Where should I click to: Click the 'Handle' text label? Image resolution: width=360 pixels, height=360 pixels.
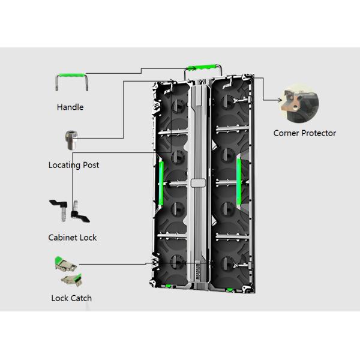pos(70,107)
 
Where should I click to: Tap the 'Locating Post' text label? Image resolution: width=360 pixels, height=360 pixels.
pos(74,165)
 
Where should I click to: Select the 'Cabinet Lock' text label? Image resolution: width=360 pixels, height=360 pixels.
pos(73,238)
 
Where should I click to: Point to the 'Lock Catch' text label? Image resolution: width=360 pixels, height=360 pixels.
pos(71,298)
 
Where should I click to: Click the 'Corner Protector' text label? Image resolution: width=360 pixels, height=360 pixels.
pos(305,133)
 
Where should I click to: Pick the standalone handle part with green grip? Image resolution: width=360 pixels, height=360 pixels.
pos(71,82)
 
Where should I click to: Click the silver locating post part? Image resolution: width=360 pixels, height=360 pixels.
pos(71,140)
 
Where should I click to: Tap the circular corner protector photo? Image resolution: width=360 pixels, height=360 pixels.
pos(299,103)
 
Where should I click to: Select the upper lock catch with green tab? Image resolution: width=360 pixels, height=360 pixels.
pos(65,264)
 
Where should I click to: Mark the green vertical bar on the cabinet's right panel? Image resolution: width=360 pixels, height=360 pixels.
pos(239,181)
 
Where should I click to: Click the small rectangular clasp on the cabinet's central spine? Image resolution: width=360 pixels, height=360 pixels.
pos(198,183)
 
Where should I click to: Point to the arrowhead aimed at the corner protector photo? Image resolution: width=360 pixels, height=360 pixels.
pos(280,100)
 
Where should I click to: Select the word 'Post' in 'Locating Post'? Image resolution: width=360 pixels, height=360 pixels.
pos(91,165)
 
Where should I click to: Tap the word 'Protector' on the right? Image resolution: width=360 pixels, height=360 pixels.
pos(319,133)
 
